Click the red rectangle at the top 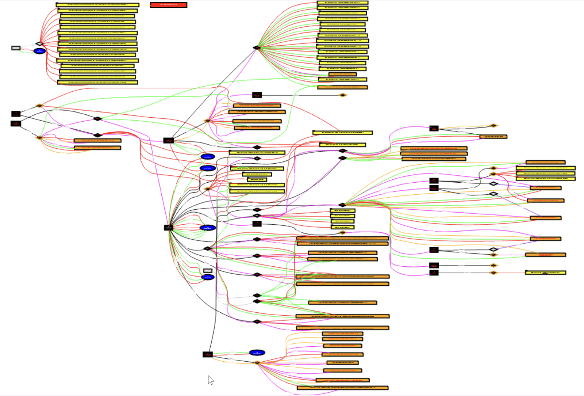pyautogui.click(x=169, y=5)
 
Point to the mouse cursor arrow pyautogui.click(x=210, y=380)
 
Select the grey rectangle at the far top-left pyautogui.click(x=16, y=48)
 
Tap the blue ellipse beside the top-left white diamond pyautogui.click(x=39, y=51)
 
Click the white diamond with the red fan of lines pyautogui.click(x=39, y=44)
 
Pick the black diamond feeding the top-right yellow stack pyautogui.click(x=257, y=47)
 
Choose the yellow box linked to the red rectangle pyautogui.click(x=97, y=5)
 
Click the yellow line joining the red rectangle pyautogui.click(x=145, y=5)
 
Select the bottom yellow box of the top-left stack pyautogui.click(x=97, y=82)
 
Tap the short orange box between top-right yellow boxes pyautogui.click(x=342, y=74)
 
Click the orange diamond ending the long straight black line pyautogui.click(x=342, y=95)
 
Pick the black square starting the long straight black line pyautogui.click(x=257, y=95)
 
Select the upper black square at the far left pyautogui.click(x=16, y=114)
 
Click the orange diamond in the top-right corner pyautogui.click(x=493, y=126)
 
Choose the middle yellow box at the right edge pyautogui.click(x=546, y=174)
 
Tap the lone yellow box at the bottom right pyautogui.click(x=545, y=273)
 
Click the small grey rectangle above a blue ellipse pyautogui.click(x=208, y=271)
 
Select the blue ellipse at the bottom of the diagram pyautogui.click(x=257, y=353)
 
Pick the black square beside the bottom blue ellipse pyautogui.click(x=208, y=354)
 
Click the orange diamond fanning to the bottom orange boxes pyautogui.click(x=257, y=363)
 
